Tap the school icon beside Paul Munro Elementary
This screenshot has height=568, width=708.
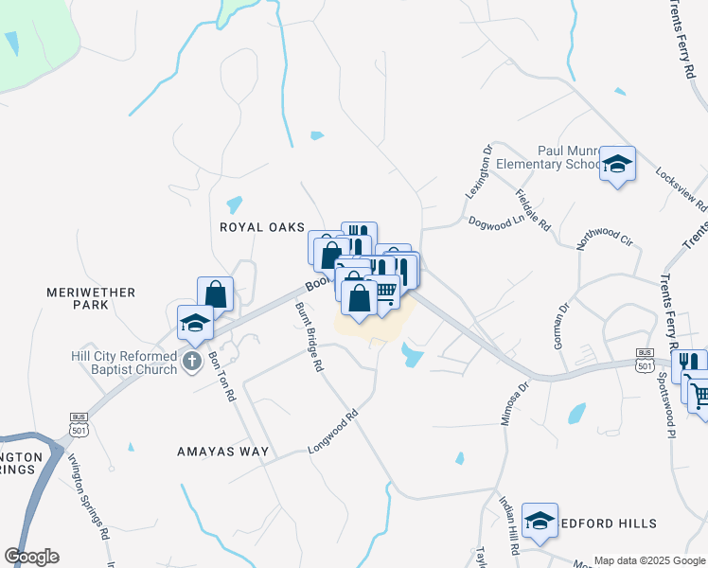click(x=617, y=165)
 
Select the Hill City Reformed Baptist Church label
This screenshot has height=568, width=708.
click(x=125, y=363)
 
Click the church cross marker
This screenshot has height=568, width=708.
click(x=192, y=361)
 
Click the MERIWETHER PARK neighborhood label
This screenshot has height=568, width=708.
click(x=91, y=299)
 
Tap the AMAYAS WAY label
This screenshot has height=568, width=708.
click(x=223, y=452)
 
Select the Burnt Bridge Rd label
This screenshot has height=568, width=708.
click(x=310, y=336)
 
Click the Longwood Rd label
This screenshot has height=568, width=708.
click(x=334, y=431)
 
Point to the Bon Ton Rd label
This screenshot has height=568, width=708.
click(x=220, y=376)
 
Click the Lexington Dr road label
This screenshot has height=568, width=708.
click(x=480, y=170)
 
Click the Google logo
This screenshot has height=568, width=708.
click(x=31, y=557)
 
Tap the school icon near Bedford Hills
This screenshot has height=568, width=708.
click(x=540, y=521)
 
